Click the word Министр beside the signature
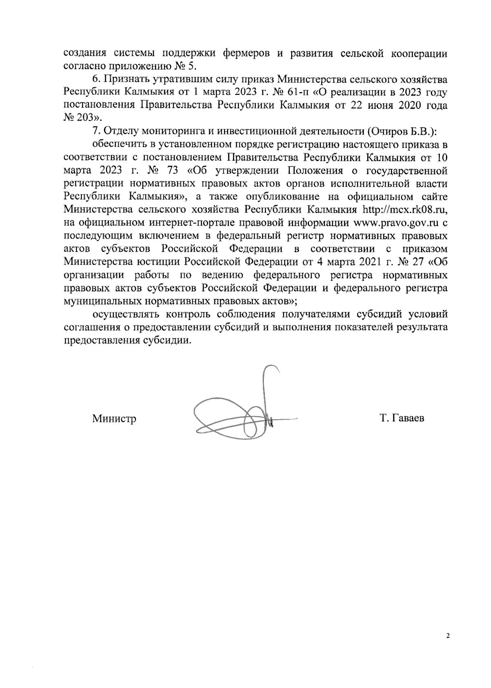coord(114,419)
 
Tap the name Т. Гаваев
coord(402,418)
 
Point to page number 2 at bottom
coord(448,647)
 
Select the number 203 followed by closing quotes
coord(87,118)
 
